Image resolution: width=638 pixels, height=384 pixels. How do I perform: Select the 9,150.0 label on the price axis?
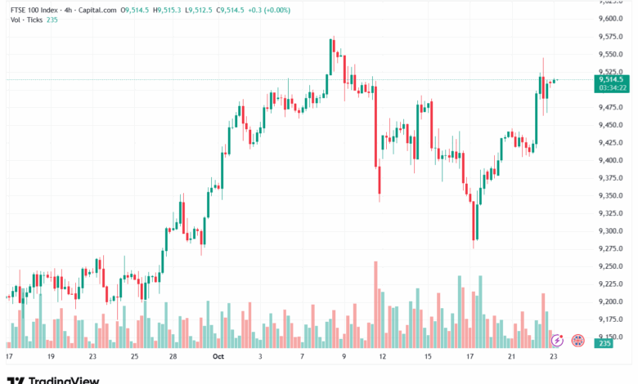[x=611, y=337]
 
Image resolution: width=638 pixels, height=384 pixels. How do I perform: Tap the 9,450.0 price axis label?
[x=611, y=124]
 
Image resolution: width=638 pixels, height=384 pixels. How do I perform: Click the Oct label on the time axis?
[x=218, y=357]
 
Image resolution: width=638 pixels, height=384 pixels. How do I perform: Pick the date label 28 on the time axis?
[x=173, y=357]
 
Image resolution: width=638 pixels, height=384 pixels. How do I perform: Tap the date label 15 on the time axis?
[x=428, y=357]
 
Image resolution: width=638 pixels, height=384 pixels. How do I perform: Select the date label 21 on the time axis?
[x=512, y=357]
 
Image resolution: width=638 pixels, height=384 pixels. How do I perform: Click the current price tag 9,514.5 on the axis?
[x=613, y=79]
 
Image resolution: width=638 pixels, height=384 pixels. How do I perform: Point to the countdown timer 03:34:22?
[x=613, y=87]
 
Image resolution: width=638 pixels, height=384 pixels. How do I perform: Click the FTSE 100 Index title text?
[x=33, y=9]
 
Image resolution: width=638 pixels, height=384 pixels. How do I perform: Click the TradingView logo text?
[x=64, y=379]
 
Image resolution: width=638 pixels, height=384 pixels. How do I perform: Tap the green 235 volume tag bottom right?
[x=605, y=343]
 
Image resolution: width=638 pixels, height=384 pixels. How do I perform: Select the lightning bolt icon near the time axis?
[x=557, y=338]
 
